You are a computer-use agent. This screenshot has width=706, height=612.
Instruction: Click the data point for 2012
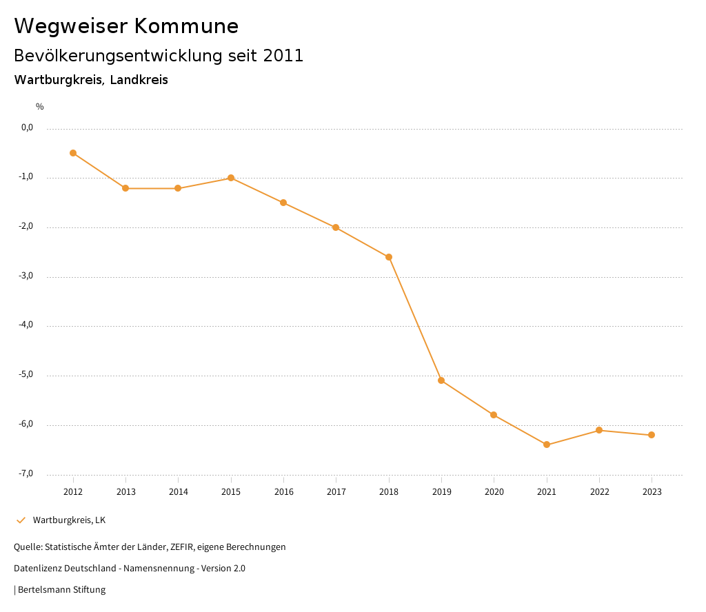[x=73, y=153]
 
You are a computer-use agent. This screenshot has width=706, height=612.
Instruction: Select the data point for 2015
[x=231, y=178]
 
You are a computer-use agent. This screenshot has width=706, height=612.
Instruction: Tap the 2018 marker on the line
[x=389, y=257]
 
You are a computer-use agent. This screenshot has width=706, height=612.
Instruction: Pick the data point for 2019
[x=441, y=380]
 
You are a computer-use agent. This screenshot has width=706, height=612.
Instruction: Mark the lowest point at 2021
[x=547, y=445]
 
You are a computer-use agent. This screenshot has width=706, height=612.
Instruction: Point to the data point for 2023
[x=652, y=435]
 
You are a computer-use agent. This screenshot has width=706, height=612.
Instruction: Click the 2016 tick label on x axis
[x=283, y=491]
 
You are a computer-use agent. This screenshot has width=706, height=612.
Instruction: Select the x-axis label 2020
[x=494, y=491]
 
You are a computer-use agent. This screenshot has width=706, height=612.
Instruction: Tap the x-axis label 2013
[x=125, y=491]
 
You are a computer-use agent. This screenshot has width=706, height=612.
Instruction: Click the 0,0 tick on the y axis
[x=28, y=127]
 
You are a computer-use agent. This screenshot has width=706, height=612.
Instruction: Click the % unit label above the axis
[x=40, y=107]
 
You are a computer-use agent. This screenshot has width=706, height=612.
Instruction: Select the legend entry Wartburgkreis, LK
[x=69, y=520]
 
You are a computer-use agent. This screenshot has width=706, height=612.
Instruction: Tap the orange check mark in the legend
[x=21, y=520]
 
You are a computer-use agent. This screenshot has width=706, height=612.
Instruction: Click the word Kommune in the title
[x=186, y=26]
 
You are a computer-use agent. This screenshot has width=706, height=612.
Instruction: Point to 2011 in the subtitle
[x=283, y=56]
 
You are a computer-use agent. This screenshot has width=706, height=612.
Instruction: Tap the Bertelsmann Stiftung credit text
[x=61, y=590]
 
